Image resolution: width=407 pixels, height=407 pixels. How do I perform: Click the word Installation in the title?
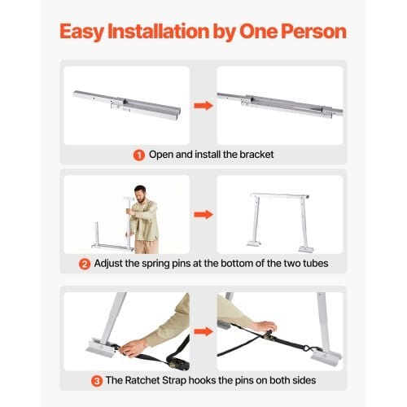tap(159, 32)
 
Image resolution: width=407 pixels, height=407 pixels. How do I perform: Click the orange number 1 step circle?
tap(139, 155)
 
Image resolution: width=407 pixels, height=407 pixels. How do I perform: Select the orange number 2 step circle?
tap(85, 264)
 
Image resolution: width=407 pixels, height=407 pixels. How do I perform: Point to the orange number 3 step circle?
tap(97, 381)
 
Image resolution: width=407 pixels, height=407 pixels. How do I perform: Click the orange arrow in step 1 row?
tap(203, 105)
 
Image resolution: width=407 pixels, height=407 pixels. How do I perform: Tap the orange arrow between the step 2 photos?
tap(203, 214)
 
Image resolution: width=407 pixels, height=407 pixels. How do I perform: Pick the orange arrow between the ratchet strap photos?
tap(203, 331)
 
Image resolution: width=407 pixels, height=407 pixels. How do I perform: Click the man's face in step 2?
tap(141, 195)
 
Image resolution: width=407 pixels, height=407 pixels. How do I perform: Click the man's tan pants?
tap(146, 247)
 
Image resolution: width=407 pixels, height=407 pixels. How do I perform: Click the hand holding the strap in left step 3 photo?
tap(133, 348)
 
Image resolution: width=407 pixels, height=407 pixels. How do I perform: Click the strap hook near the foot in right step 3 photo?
tap(309, 349)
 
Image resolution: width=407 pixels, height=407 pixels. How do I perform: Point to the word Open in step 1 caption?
tap(161, 155)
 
